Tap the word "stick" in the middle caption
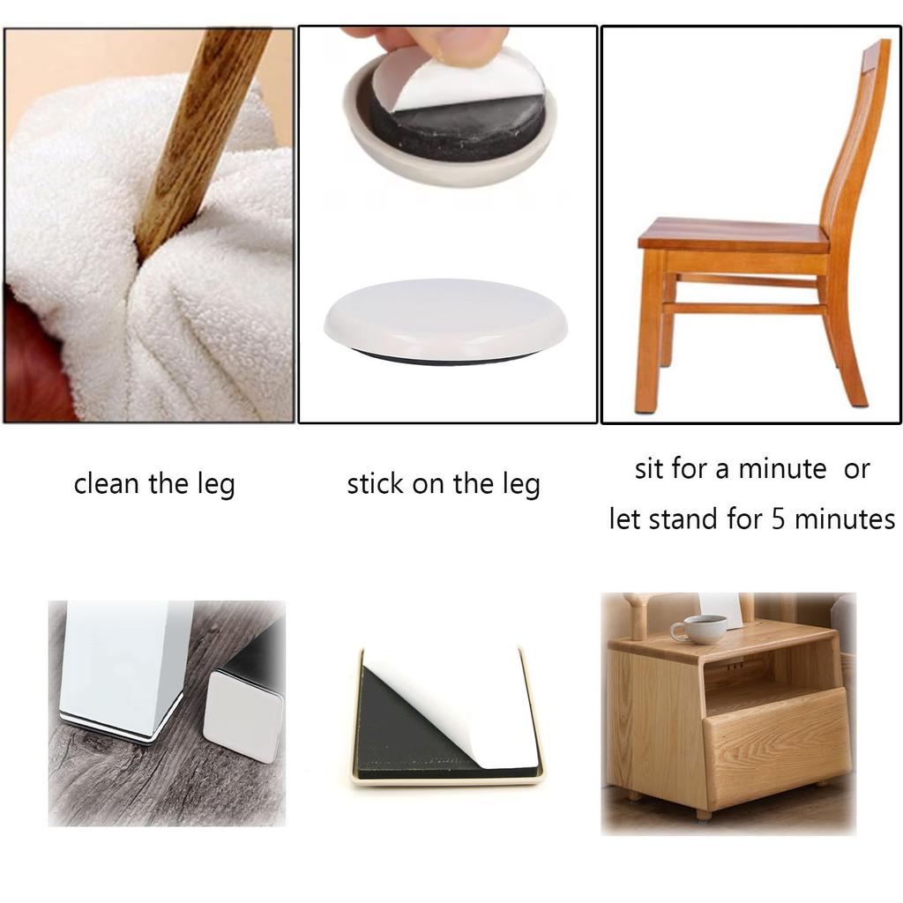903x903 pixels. (x=374, y=484)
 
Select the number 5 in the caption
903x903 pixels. (x=779, y=519)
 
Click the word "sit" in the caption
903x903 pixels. (x=650, y=469)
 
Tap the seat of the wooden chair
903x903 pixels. (x=732, y=235)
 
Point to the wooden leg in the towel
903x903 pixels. (x=198, y=132)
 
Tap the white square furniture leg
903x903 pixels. (x=123, y=661)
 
